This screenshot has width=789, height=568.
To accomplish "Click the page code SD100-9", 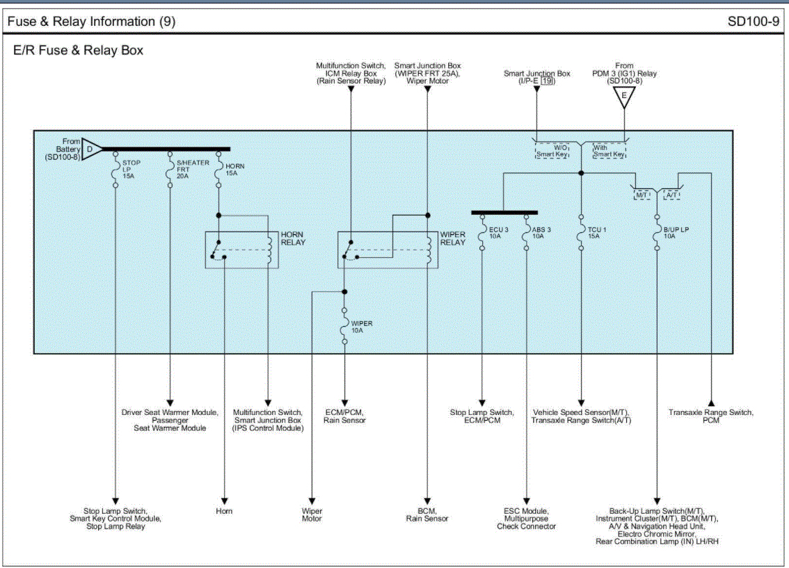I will coord(754,22).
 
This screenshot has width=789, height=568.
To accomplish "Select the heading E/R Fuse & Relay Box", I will coord(79,51).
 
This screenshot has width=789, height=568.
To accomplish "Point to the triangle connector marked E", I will coord(624,97).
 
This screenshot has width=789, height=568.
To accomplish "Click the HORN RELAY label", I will coord(293,238).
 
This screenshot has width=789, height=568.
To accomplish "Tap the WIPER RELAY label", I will coord(453,238).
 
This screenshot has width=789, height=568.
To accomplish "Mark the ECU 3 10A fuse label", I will coord(498,232).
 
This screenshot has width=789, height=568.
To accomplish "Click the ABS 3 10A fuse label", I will coord(541,232).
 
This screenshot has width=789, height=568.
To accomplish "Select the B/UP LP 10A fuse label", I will coord(675,232).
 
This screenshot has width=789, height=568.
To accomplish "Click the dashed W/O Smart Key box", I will coord(552,150).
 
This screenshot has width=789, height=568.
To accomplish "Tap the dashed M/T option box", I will coord(643,195).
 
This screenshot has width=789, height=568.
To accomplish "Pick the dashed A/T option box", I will coord(672,195).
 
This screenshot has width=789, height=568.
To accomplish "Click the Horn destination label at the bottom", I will coord(224,512).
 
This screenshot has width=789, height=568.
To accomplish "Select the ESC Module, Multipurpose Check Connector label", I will coord(526,519).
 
